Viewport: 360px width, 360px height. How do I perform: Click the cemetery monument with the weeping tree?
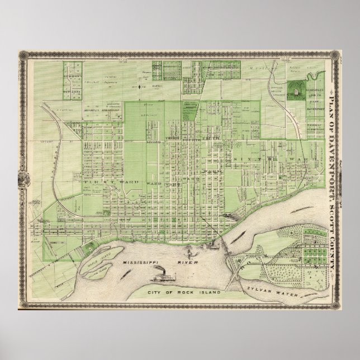[x=294, y=89]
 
